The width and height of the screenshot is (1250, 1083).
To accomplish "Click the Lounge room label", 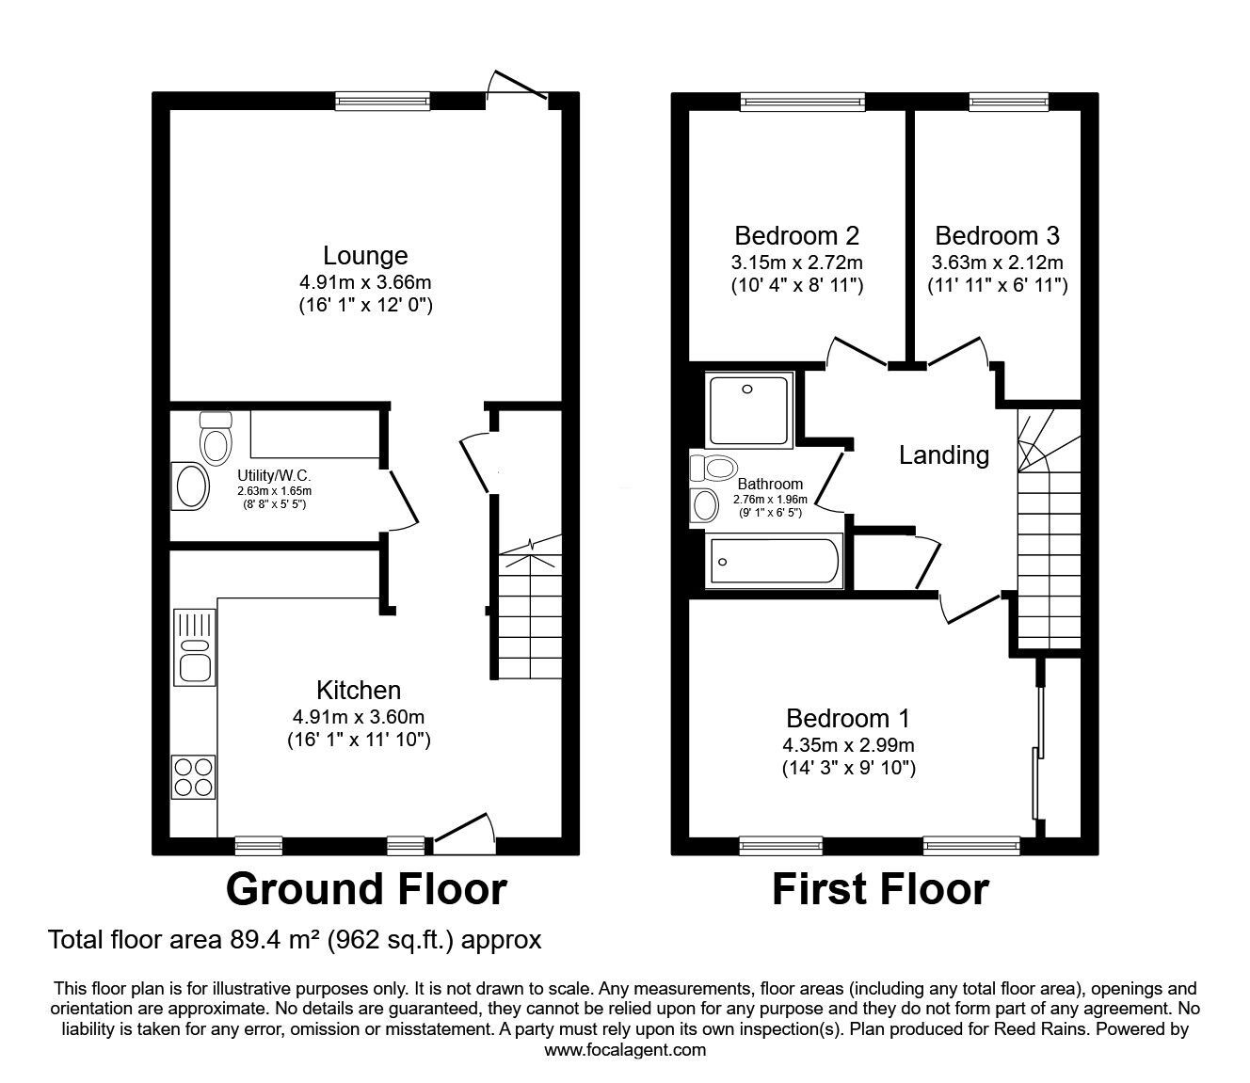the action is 365,256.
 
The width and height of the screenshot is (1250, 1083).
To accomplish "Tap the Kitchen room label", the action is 359,690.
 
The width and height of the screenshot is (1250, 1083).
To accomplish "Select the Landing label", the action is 944,456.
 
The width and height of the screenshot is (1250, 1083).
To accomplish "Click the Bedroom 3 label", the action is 997,236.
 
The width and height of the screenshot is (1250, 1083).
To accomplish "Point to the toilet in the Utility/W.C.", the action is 216,438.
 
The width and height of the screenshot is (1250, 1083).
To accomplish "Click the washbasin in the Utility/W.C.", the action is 190,486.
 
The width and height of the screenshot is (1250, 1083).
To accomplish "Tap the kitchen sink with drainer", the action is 195,647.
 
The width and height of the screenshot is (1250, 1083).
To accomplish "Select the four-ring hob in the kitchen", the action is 194,777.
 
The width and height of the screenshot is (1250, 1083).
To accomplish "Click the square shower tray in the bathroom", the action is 749,410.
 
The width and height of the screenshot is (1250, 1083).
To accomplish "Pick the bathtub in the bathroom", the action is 774,561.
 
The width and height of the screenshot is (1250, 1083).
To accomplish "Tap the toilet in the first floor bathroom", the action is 713,468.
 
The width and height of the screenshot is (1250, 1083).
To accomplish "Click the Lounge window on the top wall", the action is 383,101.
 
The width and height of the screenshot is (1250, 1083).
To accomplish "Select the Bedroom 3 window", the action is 1009,102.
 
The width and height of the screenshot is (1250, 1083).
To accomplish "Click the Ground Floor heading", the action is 366,889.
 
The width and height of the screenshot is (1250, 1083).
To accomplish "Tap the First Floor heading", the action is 880,889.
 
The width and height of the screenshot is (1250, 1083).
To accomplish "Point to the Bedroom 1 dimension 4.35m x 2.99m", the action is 848,745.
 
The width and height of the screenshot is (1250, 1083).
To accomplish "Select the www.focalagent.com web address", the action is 625,1050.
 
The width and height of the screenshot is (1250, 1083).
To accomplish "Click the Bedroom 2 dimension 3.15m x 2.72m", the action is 797,263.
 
